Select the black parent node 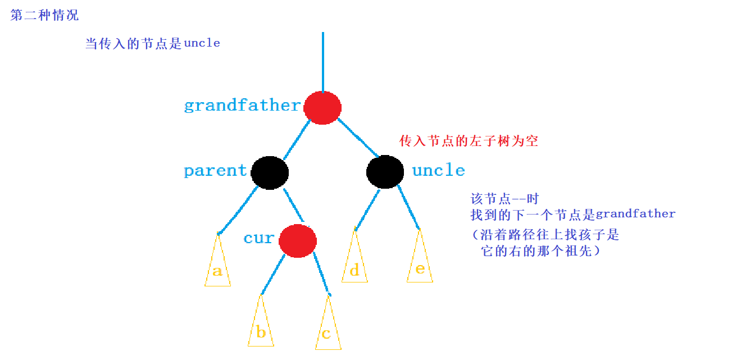270,172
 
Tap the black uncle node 385,172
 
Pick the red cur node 297,240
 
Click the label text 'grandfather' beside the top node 242,106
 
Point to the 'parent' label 215,171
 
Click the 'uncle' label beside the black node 438,171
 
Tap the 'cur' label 259,238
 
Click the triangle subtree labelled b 261,326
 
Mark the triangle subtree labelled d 354,263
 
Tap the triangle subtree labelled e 420,262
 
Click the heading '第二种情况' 44,15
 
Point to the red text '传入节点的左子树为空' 469,141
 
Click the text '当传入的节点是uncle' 152,43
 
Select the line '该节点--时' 504,199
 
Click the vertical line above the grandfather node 323,62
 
